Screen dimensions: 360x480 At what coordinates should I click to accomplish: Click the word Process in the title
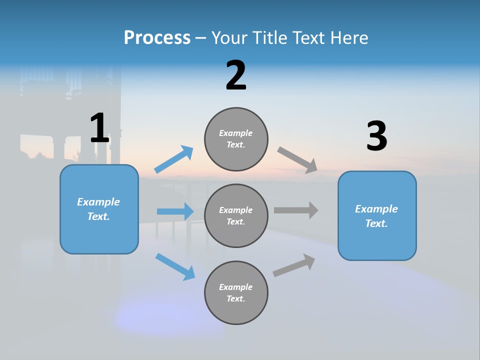157,38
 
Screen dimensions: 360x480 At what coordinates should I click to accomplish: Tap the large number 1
99,128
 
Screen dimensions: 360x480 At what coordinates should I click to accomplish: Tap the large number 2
236,76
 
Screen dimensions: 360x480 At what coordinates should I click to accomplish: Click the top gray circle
236,139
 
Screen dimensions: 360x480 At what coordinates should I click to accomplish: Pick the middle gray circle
236,216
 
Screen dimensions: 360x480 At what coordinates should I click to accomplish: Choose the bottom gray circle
236,293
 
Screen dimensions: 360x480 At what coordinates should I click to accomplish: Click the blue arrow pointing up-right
174,159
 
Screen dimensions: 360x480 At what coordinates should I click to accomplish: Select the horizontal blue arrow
175,211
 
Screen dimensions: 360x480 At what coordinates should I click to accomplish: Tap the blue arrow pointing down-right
175,266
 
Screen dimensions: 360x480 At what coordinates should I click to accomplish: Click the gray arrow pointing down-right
297,159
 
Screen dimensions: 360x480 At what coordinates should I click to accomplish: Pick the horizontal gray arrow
295,210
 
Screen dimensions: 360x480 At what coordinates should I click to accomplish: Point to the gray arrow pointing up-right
294,265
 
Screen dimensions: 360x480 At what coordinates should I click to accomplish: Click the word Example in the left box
98,202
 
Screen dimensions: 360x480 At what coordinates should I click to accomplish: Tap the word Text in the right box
376,223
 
